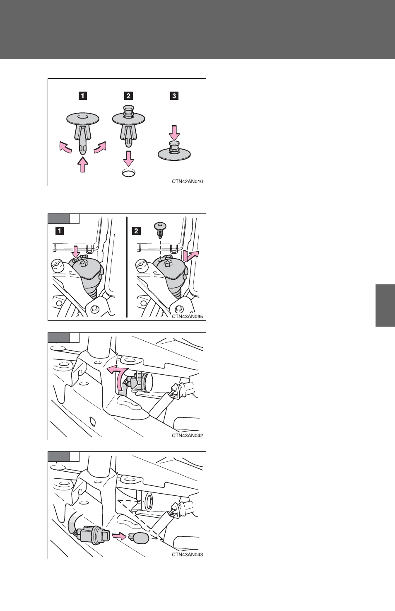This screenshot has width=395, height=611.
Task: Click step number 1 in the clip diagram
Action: pyautogui.click(x=82, y=96)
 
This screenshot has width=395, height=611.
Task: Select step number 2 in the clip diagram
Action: pyautogui.click(x=128, y=96)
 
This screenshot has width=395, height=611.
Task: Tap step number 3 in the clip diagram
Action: pyautogui.click(x=174, y=96)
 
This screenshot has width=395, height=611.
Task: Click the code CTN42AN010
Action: pyautogui.click(x=187, y=182)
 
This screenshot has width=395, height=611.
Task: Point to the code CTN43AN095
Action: pyautogui.click(x=187, y=316)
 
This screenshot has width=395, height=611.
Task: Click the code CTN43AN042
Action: pyautogui.click(x=187, y=436)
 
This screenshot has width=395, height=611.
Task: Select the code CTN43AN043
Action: pyautogui.click(x=187, y=555)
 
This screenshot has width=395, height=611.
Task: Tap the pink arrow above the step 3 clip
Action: pyautogui.click(x=174, y=133)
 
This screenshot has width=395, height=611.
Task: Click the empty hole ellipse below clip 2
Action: pyautogui.click(x=128, y=173)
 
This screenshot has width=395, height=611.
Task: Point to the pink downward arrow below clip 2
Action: pyautogui.click(x=128, y=158)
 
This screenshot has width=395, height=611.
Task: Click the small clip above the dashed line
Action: pyautogui.click(x=160, y=229)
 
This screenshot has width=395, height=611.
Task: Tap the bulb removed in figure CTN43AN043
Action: pyautogui.click(x=139, y=538)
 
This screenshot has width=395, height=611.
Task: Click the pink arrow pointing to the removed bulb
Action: pyautogui.click(x=119, y=536)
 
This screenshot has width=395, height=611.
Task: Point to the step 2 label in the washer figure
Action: pyautogui.click(x=136, y=231)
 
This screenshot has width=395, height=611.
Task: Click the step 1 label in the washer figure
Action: pyautogui.click(x=59, y=231)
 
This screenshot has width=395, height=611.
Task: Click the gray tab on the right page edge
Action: pyautogui.click(x=385, y=305)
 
